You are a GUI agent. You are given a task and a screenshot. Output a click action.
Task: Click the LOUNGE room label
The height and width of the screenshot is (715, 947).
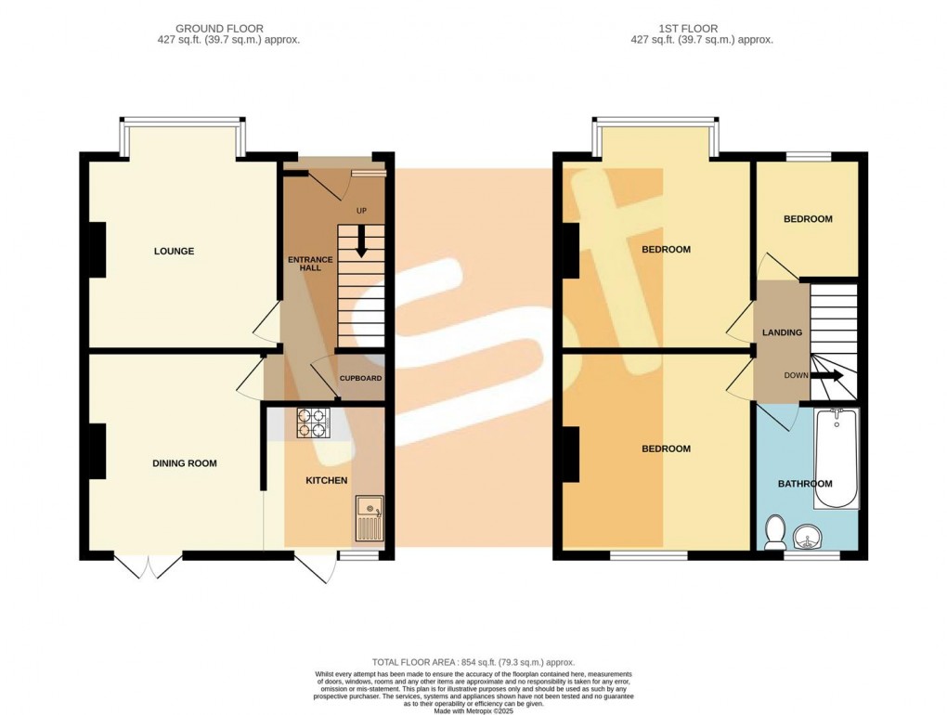point(174,252)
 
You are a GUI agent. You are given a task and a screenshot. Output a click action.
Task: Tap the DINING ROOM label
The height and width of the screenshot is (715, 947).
point(184,463)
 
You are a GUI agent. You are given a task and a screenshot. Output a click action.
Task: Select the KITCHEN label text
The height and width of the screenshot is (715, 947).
point(327,481)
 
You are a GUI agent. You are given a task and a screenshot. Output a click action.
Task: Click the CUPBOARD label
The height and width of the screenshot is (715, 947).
point(360,379)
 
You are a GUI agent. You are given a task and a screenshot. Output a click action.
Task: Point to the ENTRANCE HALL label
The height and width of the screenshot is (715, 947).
point(310,264)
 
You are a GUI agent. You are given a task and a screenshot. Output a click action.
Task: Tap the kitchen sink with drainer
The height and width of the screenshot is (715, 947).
point(370,517)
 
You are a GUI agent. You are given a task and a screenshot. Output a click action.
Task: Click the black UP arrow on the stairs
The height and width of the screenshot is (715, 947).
point(361,240)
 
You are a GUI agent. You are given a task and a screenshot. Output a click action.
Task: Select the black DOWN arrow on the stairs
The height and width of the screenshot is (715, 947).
point(827,376)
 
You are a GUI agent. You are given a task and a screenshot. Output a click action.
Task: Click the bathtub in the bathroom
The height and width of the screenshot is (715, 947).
point(837,459)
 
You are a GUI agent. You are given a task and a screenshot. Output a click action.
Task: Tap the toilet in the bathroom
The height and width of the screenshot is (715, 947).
point(773,533)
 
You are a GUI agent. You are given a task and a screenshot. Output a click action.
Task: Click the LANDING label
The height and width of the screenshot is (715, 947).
point(782,332)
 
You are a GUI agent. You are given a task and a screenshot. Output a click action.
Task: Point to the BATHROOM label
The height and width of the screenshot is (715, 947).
point(805,484)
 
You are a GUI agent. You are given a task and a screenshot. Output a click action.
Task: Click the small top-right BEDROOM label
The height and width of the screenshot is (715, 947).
point(808,219)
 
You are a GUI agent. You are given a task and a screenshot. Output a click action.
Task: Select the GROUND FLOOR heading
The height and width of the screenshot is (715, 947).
point(220,29)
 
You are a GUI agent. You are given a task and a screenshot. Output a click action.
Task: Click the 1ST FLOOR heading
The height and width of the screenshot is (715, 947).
point(689,29)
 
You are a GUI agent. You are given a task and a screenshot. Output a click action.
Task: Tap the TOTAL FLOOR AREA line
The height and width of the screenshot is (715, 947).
point(473,662)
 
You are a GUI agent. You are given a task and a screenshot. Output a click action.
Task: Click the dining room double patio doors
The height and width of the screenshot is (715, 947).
point(148,565)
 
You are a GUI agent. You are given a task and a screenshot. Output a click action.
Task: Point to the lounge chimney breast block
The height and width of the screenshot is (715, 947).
point(97,250)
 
